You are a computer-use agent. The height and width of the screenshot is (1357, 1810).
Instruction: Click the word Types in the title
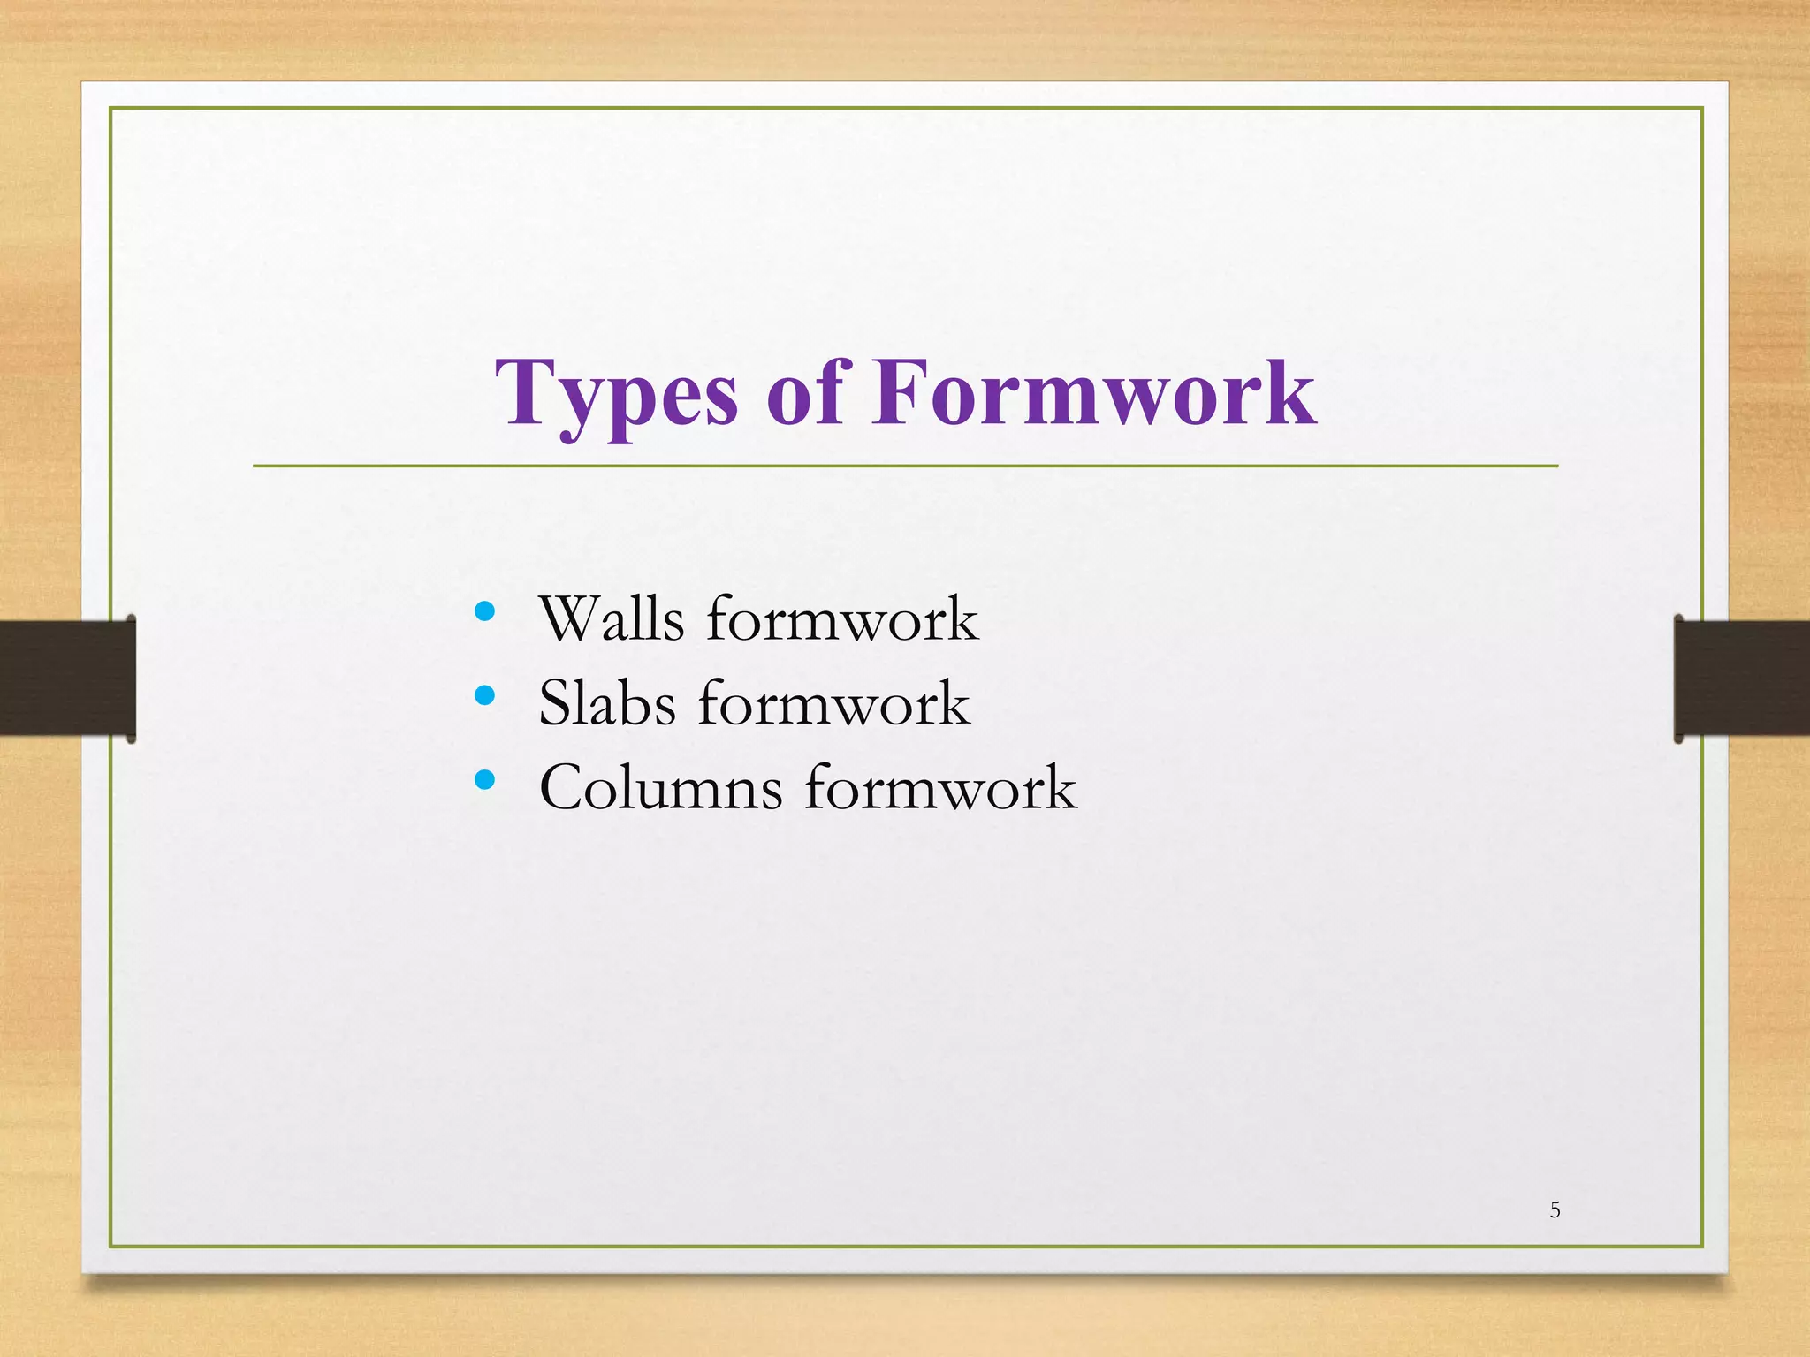pos(616,395)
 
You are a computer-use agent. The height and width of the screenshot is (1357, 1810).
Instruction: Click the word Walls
pos(612,618)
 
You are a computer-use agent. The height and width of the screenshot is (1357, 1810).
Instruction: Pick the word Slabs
pos(607,704)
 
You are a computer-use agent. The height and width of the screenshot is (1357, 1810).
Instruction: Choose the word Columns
pos(660,788)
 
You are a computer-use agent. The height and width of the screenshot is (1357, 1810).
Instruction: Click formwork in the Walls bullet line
pos(841,618)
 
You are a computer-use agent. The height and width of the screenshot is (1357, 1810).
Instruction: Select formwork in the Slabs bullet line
pos(833,704)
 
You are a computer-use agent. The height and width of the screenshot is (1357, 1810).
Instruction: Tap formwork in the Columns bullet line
pos(939,788)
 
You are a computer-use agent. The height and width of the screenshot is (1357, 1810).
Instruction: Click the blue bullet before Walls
pos(484,610)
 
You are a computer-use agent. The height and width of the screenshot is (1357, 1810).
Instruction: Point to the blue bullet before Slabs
pos(484,695)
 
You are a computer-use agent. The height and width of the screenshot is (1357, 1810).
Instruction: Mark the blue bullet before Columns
pos(484,779)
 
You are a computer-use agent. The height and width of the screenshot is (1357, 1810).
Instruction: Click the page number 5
pos(1555,1210)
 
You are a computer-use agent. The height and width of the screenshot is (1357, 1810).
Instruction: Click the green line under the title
pos(905,466)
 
